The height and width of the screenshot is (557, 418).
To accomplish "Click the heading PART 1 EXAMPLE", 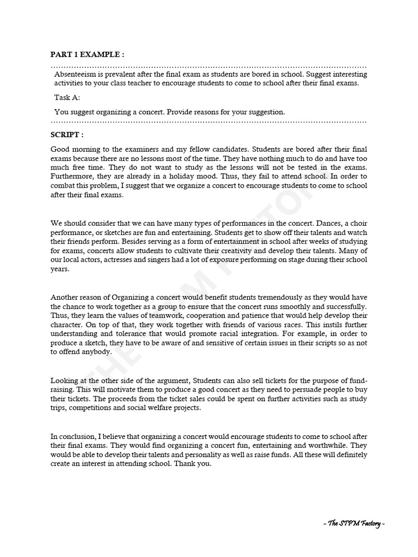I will pos(87,54).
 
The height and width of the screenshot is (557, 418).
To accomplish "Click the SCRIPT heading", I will pos(67,134).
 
